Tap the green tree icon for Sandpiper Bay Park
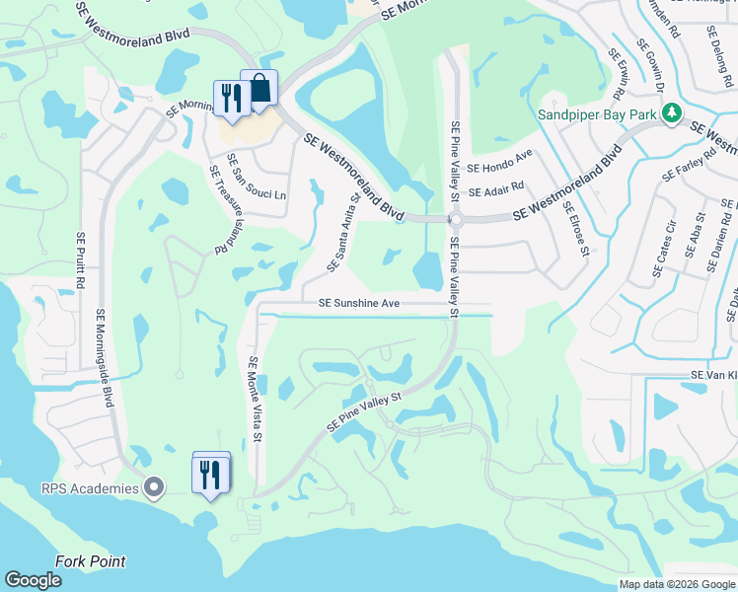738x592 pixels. [673, 113]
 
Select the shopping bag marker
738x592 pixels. [259, 89]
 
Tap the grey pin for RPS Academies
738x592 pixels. [153, 486]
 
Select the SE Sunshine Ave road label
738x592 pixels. [359, 303]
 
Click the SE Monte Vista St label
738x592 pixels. [255, 399]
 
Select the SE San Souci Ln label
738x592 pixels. [256, 178]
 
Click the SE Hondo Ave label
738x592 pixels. [500, 155]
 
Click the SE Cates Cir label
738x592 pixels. [664, 250]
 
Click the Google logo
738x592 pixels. [33, 581]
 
